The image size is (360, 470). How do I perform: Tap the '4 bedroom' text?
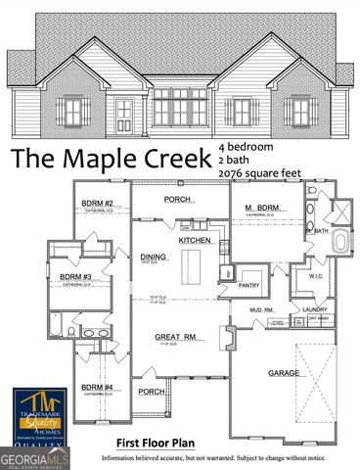tap(247, 147)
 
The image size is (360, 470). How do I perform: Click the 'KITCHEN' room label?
tap(195, 240)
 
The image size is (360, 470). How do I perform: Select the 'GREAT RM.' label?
tap(176, 337)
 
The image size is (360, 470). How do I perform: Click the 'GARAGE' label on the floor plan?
tap(284, 373)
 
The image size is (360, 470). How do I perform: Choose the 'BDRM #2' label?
tap(98, 204)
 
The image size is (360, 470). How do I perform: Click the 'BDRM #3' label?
tap(75, 277)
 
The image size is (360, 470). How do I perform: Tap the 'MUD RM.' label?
tap(261, 310)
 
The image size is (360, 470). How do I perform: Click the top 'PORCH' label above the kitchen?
tap(177, 199)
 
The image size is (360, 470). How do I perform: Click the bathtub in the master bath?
tap(339, 243)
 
